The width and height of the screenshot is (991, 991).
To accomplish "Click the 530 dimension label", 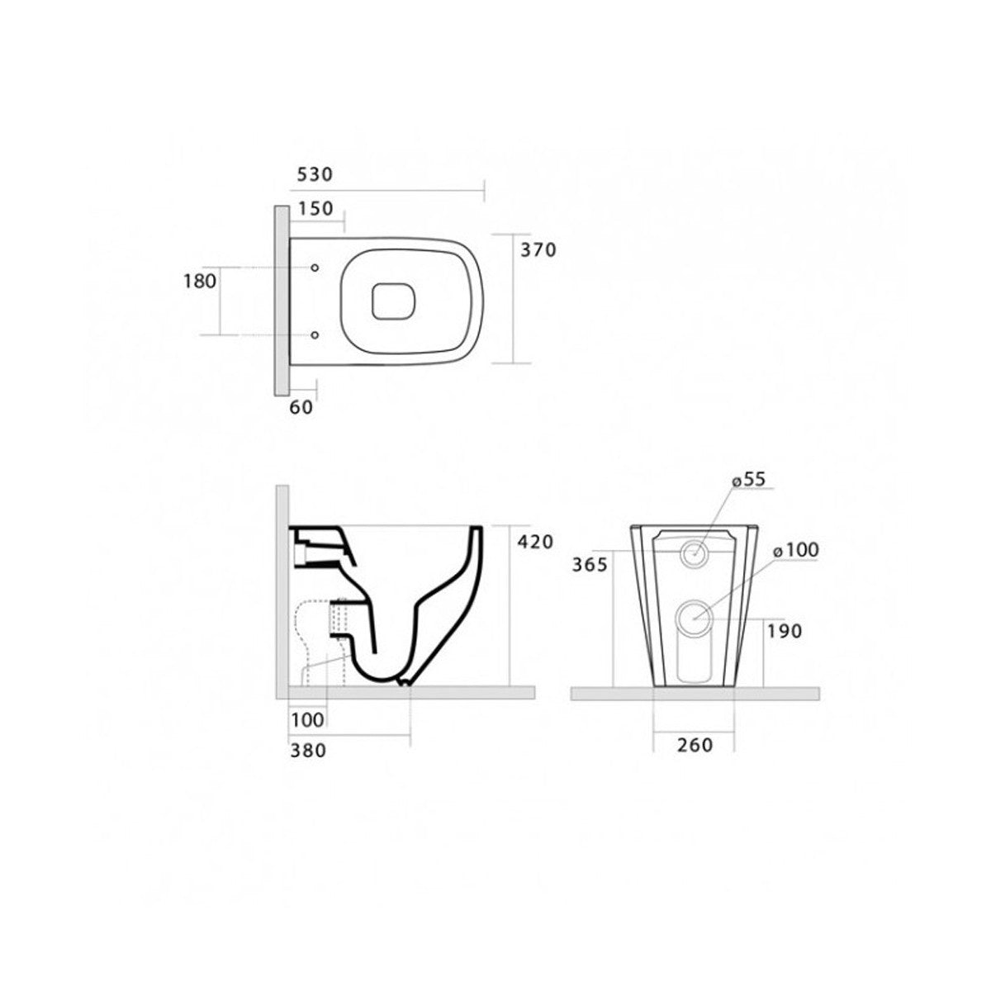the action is (315, 175).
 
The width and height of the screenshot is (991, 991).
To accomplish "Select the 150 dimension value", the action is (315, 209).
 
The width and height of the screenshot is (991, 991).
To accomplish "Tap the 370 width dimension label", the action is (538, 250).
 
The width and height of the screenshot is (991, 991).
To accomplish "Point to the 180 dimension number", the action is (200, 282).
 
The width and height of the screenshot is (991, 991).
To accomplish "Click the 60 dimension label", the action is (301, 407).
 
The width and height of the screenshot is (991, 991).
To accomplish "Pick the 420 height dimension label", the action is (535, 542).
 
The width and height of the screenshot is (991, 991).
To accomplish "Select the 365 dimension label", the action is (590, 565).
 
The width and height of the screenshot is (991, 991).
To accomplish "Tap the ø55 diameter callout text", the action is (749, 479).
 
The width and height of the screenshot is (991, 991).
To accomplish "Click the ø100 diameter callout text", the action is (796, 550).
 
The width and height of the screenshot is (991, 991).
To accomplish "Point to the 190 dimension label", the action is (785, 631).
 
